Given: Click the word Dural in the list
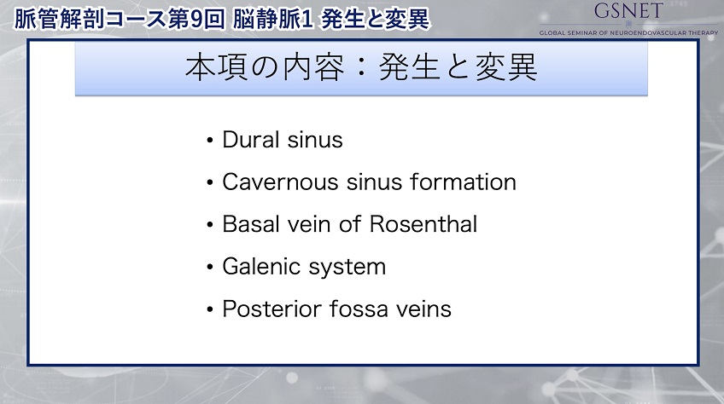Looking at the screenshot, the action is pyautogui.click(x=251, y=139).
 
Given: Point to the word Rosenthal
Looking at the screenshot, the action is pyautogui.click(x=423, y=224).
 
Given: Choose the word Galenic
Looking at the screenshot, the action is pyautogui.click(x=262, y=267).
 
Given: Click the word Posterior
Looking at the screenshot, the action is pyautogui.click(x=271, y=309).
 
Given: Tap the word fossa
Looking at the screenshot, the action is pyautogui.click(x=359, y=309).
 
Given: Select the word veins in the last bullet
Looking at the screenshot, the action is pyautogui.click(x=423, y=309).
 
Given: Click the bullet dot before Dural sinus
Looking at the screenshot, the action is pyautogui.click(x=210, y=140).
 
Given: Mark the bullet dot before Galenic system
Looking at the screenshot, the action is pyautogui.click(x=210, y=267).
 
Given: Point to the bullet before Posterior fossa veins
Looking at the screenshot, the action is pyautogui.click(x=210, y=309).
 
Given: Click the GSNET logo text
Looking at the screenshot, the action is pyautogui.click(x=628, y=10).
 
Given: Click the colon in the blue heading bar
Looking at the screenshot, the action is pyautogui.click(x=361, y=68).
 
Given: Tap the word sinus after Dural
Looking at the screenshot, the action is pyautogui.click(x=315, y=139).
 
